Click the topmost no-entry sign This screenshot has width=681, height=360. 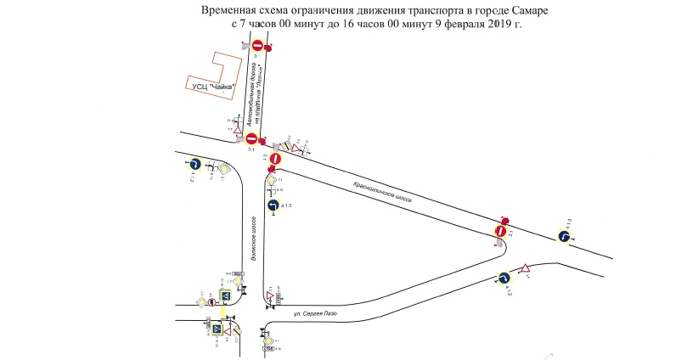(257, 44)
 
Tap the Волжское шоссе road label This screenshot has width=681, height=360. (254, 237)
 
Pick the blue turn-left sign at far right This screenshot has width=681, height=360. (563, 235)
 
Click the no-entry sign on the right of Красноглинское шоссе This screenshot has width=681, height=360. (502, 230)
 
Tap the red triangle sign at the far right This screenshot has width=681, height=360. (526, 269)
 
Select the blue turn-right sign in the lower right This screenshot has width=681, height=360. (503, 278)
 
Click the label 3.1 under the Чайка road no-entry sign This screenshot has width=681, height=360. (251, 149)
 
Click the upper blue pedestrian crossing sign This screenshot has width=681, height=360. (227, 295)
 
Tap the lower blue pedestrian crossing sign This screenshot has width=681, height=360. (217, 329)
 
